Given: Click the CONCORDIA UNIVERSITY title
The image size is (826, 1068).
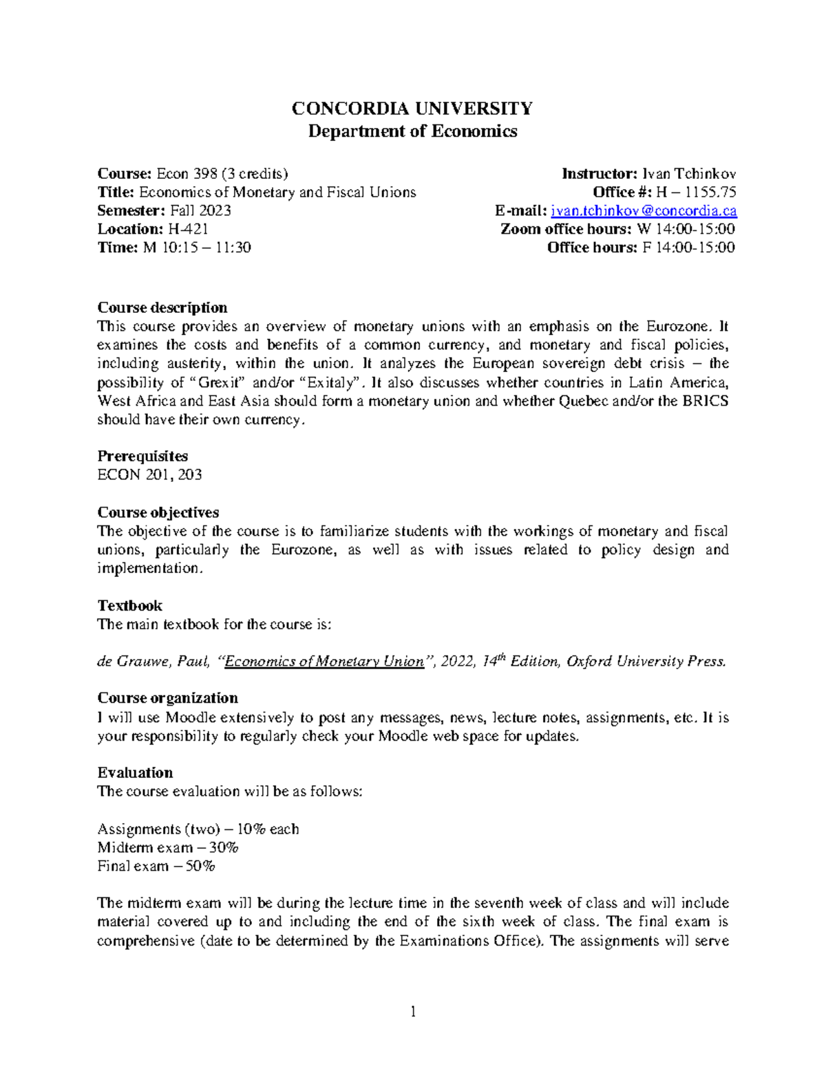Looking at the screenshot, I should (412, 109).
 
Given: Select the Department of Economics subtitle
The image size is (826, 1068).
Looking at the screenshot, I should (412, 131).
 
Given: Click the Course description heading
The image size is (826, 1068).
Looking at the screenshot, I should (162, 307).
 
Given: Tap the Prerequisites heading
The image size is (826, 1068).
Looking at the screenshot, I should (142, 456).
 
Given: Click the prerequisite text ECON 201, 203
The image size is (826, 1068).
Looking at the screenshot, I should (149, 475).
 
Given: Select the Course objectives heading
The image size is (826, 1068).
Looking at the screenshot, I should (158, 512).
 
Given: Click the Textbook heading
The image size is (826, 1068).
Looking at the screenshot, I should (130, 605).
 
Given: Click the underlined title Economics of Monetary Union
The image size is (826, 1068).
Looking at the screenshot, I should (324, 662).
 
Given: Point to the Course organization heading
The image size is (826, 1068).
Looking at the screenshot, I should (168, 698).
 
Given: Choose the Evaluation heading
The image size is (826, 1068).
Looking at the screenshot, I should (135, 772).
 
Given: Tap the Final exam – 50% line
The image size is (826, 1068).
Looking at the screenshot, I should (156, 866).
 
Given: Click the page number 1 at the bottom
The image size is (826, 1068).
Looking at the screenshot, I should (413, 1011).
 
